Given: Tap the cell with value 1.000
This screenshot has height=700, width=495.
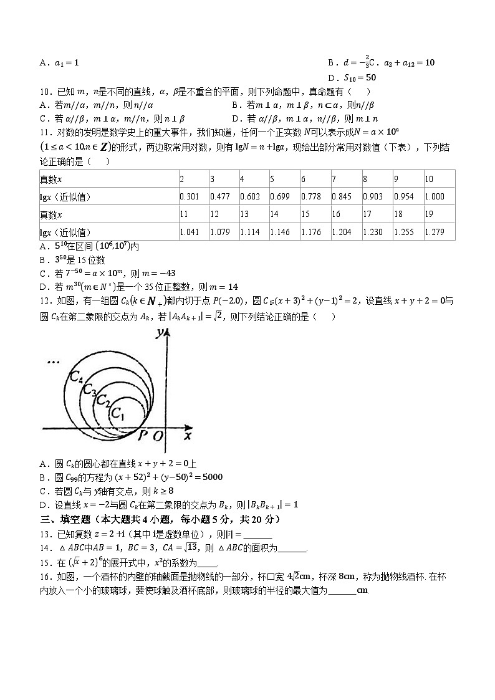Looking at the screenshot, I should click(435, 197).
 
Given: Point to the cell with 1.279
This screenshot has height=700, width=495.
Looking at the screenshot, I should click(435, 233).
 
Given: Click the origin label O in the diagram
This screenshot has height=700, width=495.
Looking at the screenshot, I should click(158, 436).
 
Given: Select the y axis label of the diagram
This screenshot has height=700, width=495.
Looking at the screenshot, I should click(160, 333).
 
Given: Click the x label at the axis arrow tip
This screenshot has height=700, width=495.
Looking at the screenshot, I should click(187, 436).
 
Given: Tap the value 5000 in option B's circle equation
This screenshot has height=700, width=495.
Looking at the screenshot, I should click(210, 477).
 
